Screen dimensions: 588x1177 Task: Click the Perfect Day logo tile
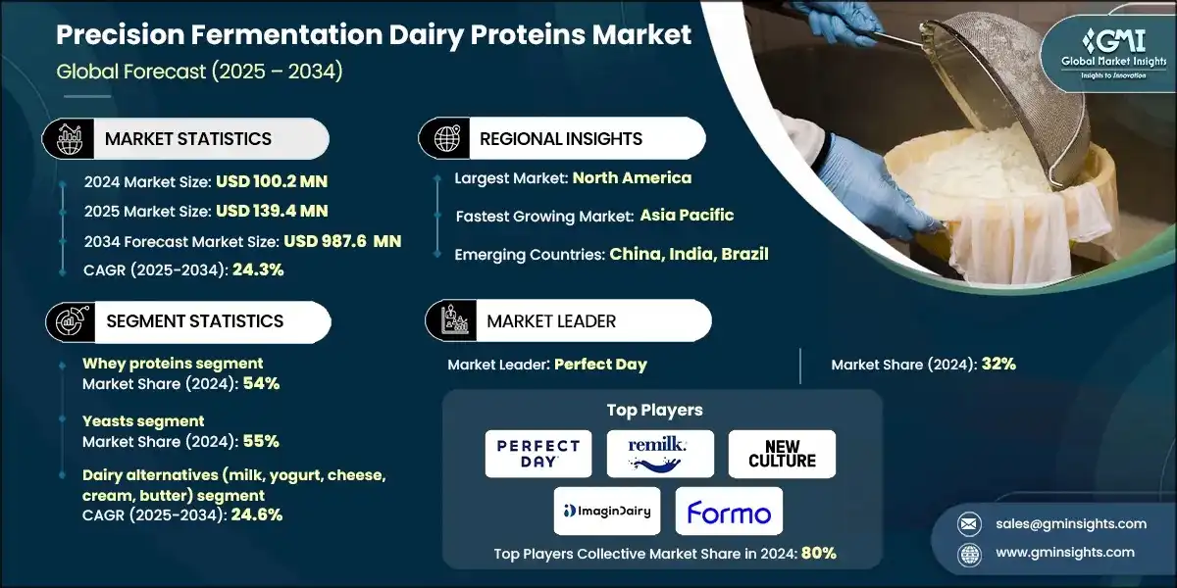pyautogui.click(x=538, y=454)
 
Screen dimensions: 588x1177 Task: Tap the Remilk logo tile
pyautogui.click(x=660, y=454)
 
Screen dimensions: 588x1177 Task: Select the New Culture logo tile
pyautogui.click(x=782, y=454)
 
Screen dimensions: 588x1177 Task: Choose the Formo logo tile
pyautogui.click(x=729, y=511)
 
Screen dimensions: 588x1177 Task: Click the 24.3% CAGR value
pyautogui.click(x=258, y=269)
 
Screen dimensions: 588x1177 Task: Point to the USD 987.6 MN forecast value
pyautogui.click(x=342, y=240)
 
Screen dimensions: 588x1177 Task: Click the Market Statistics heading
pyautogui.click(x=188, y=139)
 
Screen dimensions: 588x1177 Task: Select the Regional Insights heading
pyautogui.click(x=561, y=139)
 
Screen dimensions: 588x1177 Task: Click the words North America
pyautogui.click(x=632, y=177)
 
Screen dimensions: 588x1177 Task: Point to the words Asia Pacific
pyautogui.click(x=687, y=215)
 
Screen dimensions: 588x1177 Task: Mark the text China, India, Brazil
pyautogui.click(x=689, y=254)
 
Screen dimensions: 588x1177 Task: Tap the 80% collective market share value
pyautogui.click(x=818, y=553)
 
